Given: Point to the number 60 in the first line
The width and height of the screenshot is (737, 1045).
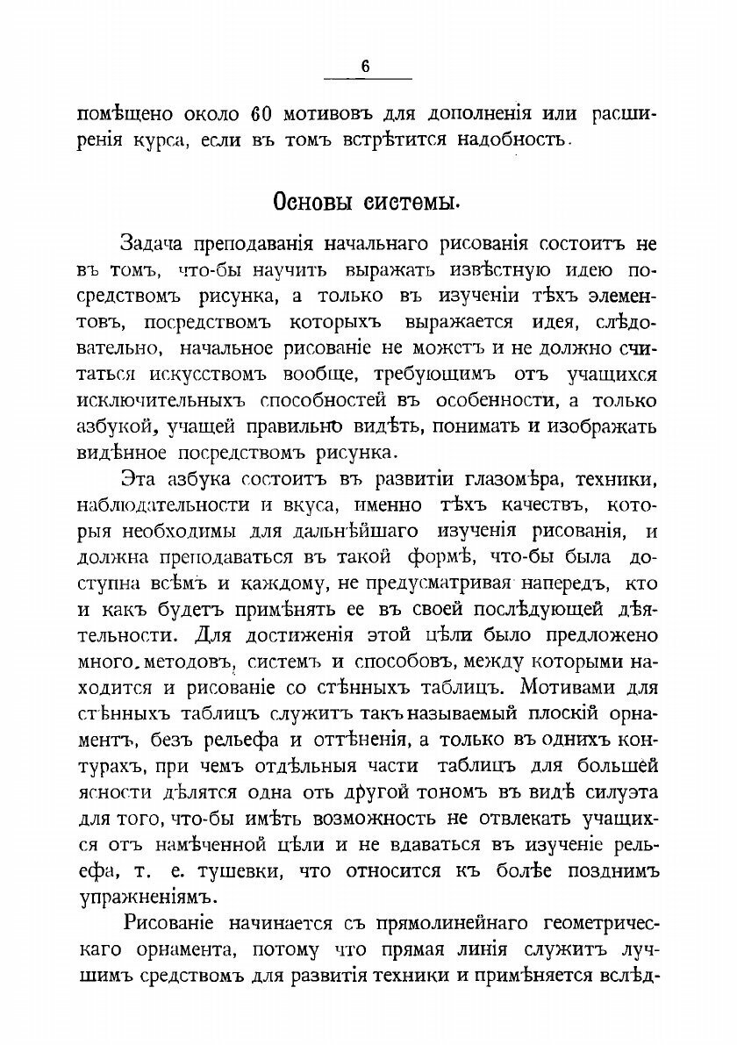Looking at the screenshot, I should click(x=260, y=114).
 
